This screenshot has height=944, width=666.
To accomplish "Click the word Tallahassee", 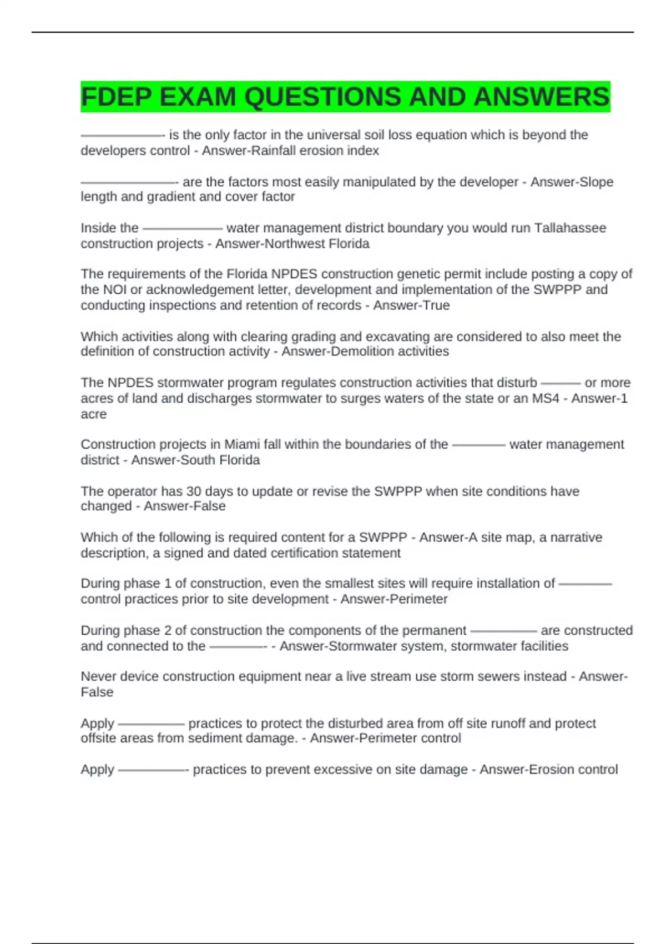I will click(x=570, y=228).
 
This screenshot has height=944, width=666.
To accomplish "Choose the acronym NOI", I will click(x=114, y=289).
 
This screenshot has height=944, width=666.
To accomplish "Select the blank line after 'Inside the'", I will click(x=182, y=228).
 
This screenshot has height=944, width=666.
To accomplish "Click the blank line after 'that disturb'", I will click(x=560, y=383).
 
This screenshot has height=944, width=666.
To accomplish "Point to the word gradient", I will click(x=171, y=197).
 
